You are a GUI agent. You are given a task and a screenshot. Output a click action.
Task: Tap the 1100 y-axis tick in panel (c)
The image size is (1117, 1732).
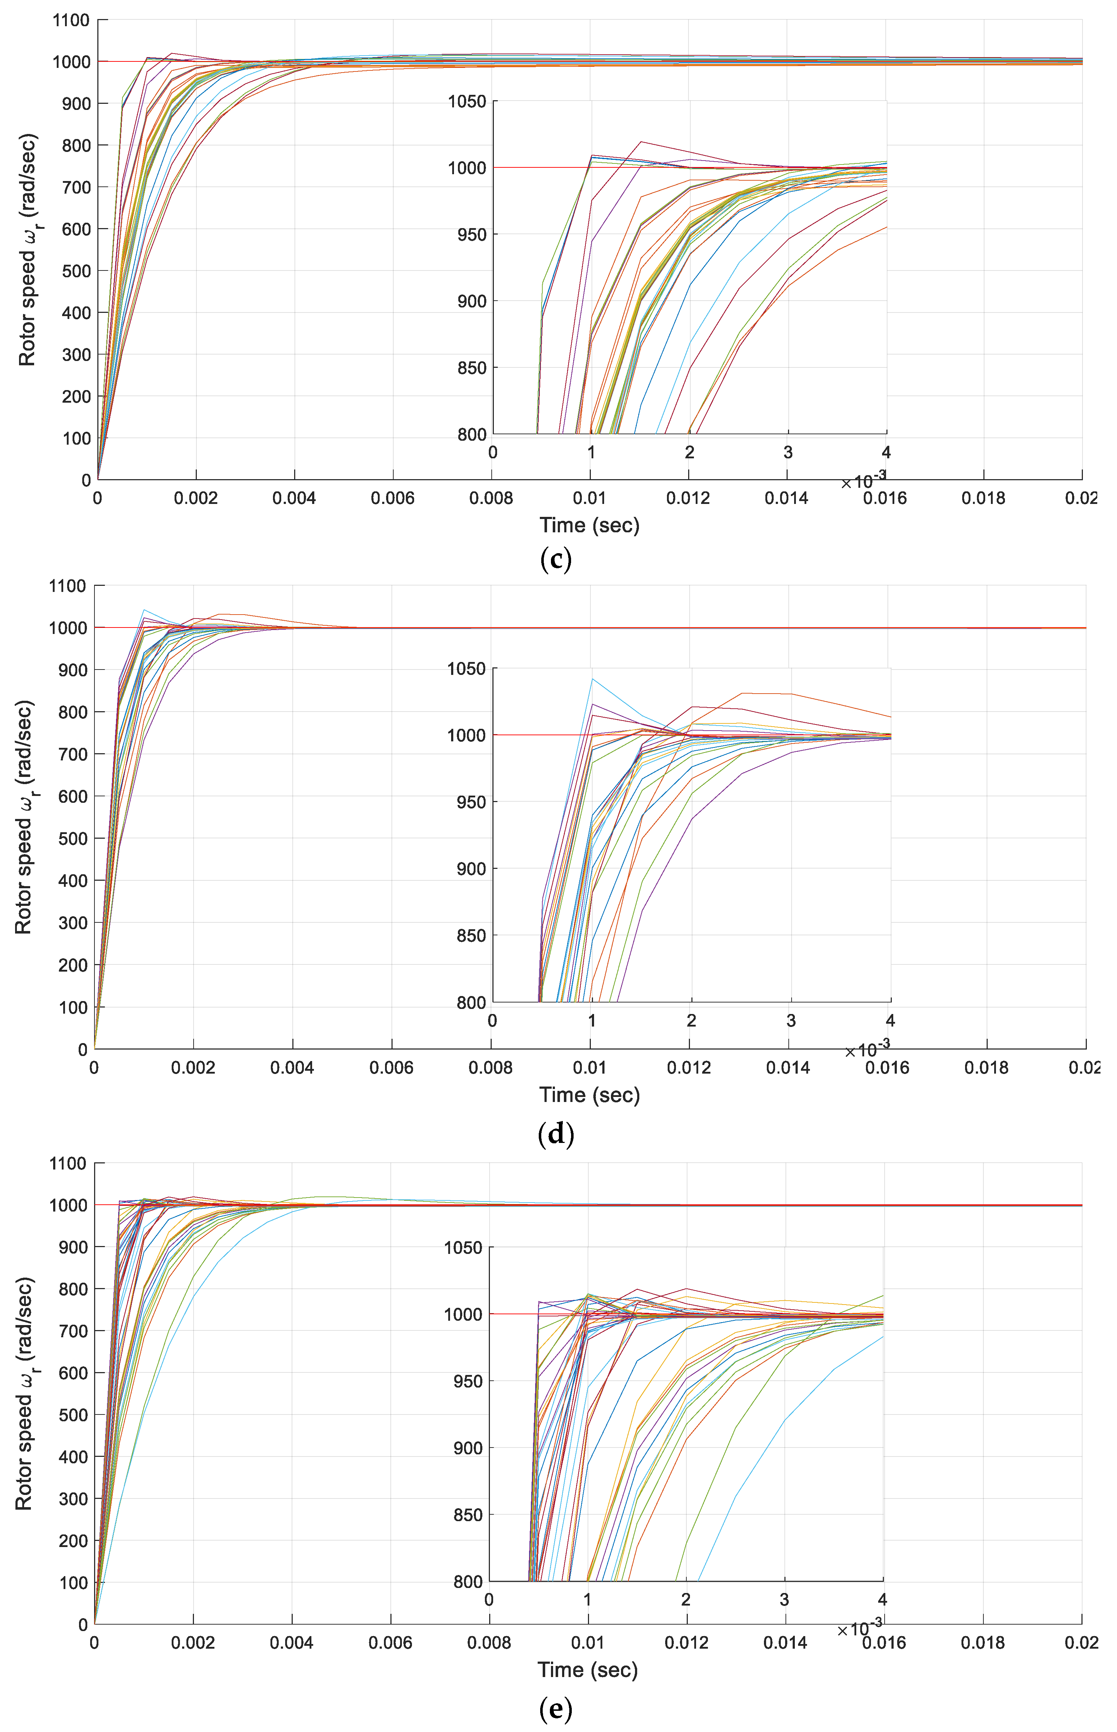[71, 20]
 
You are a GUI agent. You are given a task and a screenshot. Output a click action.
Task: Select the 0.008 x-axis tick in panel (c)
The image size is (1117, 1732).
[491, 498]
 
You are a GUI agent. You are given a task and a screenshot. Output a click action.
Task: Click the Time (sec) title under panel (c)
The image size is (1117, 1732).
[589, 525]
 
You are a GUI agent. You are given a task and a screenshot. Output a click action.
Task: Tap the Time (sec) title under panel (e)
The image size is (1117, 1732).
[588, 1670]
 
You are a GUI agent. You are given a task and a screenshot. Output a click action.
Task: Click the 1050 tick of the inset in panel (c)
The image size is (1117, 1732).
[467, 102]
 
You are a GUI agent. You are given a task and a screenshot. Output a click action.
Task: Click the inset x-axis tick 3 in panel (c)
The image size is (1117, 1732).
[788, 453]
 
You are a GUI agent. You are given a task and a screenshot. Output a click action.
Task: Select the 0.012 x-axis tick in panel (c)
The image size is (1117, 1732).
[688, 498]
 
